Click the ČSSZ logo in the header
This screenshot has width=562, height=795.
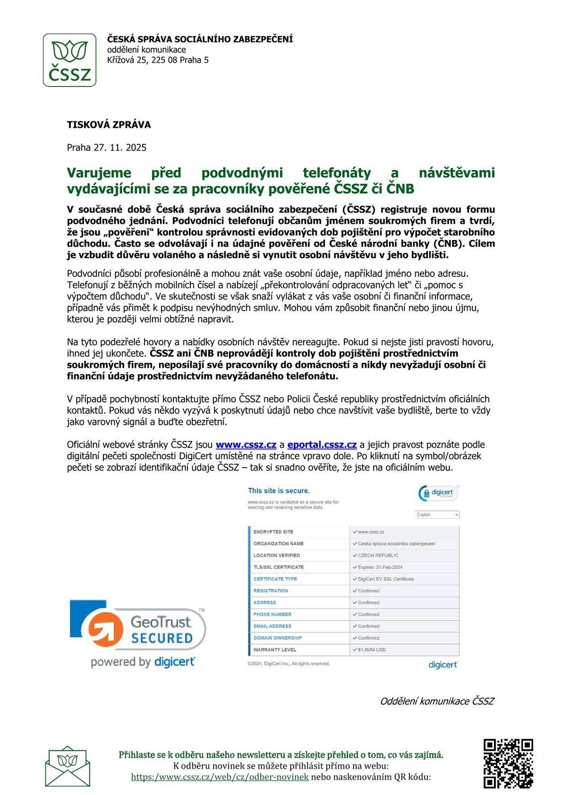coord(70,60)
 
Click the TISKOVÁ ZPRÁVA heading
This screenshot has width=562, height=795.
coord(109,125)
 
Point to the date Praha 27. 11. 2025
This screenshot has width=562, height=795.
coord(107,148)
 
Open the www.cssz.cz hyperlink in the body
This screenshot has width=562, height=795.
coord(246,445)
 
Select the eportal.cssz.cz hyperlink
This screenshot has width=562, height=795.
coord(322,445)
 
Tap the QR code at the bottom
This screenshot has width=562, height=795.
coord(508,764)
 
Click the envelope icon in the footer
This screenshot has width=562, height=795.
coord(68,766)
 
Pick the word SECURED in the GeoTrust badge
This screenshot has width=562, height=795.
coord(162,638)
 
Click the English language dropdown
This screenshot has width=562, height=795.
coord(437,515)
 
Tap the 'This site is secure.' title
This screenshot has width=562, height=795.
coord(279,491)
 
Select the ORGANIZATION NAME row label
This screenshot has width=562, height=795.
coord(278,544)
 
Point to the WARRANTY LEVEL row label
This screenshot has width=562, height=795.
coord(275,650)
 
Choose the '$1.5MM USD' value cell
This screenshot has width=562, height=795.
coord(372,650)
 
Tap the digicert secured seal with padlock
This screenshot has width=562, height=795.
coord(438,493)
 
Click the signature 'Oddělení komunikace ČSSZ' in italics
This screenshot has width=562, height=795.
coord(437,701)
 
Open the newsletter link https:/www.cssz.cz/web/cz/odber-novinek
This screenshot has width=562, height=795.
coord(220,777)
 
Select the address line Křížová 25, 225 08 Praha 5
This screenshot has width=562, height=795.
coord(158,60)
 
